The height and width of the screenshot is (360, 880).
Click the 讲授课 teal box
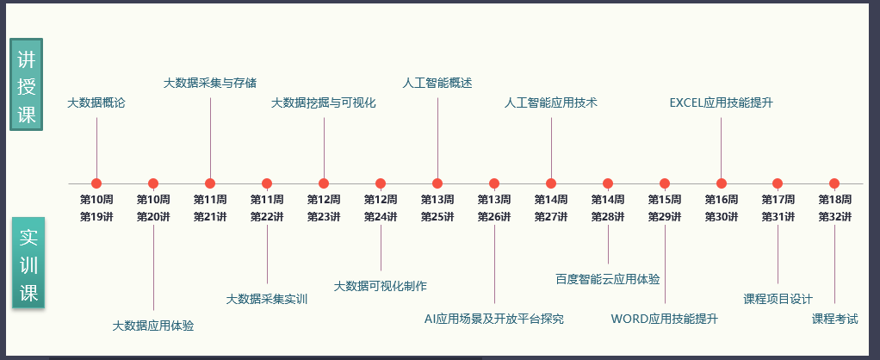(26, 85)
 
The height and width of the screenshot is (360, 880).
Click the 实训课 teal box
(28, 264)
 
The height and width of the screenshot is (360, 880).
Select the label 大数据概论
(96, 103)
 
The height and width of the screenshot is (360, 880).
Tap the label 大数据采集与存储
(210, 84)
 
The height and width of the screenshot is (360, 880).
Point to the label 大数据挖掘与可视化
(324, 103)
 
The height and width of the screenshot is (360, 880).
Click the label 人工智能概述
(437, 84)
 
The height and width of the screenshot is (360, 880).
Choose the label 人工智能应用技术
(551, 103)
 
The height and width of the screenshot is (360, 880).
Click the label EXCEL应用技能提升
(722, 103)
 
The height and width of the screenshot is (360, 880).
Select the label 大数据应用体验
(153, 326)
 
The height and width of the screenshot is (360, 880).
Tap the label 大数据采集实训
(267, 300)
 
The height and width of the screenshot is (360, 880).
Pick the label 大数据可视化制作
(381, 286)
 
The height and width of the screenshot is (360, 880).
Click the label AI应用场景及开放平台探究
(494, 319)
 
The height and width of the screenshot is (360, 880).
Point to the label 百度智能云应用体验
(608, 279)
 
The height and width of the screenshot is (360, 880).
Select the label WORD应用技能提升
(665, 319)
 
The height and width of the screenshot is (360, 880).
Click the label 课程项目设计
(778, 300)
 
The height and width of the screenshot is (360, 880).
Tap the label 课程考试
(835, 319)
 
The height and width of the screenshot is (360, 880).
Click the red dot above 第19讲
(96, 183)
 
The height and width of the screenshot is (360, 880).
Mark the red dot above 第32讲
(834, 183)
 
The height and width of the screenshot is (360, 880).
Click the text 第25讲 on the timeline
(437, 217)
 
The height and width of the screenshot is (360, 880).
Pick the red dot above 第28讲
(608, 183)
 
